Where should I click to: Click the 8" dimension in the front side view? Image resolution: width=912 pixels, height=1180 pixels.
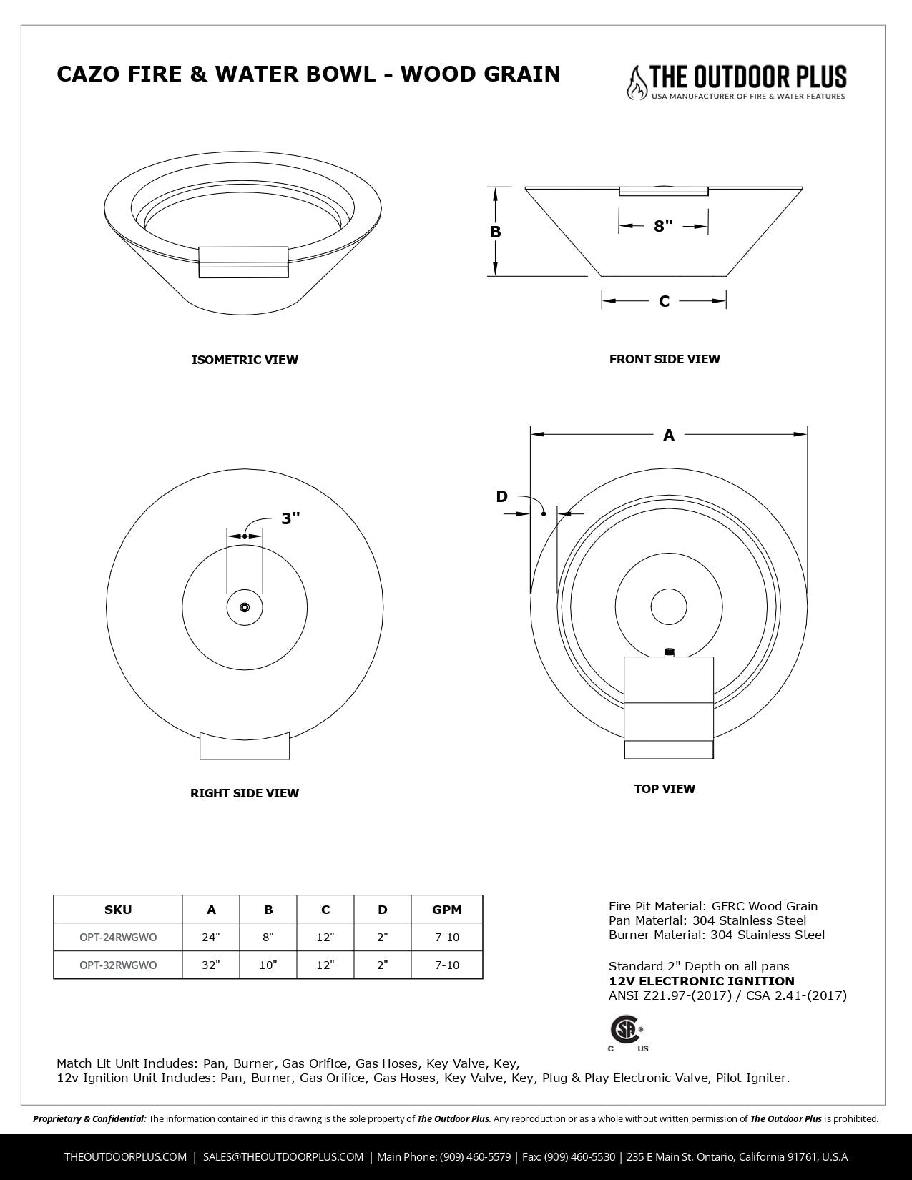coord(663,226)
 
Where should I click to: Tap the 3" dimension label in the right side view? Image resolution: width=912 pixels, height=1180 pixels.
coord(290,518)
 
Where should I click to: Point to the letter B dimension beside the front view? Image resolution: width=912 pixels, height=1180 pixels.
coord(496,232)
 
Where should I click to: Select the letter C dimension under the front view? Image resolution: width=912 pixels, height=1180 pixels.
coord(664,301)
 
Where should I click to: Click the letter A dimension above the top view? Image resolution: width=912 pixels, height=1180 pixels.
coord(669,434)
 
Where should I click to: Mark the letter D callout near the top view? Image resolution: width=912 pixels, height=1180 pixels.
coord(502,496)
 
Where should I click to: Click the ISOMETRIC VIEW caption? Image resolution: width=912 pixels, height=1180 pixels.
coord(245,360)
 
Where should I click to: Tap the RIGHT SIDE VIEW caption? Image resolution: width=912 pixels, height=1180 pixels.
coord(245,793)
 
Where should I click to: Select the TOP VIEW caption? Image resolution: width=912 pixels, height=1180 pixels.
coord(665,789)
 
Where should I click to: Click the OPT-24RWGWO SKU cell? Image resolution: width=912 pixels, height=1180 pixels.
coord(118,937)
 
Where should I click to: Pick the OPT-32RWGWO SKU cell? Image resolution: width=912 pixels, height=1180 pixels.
coord(118,965)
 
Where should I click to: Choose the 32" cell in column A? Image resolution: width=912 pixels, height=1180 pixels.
coord(211,965)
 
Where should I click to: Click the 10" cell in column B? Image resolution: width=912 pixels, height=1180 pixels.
coord(268,965)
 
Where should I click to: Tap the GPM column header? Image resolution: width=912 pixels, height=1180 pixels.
coord(447,910)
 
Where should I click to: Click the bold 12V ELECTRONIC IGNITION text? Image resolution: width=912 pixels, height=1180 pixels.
coord(701,981)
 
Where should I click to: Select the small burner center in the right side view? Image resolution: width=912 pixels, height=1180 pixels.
coord(245,608)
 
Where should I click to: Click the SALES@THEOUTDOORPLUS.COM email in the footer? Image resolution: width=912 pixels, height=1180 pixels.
coord(283,1156)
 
